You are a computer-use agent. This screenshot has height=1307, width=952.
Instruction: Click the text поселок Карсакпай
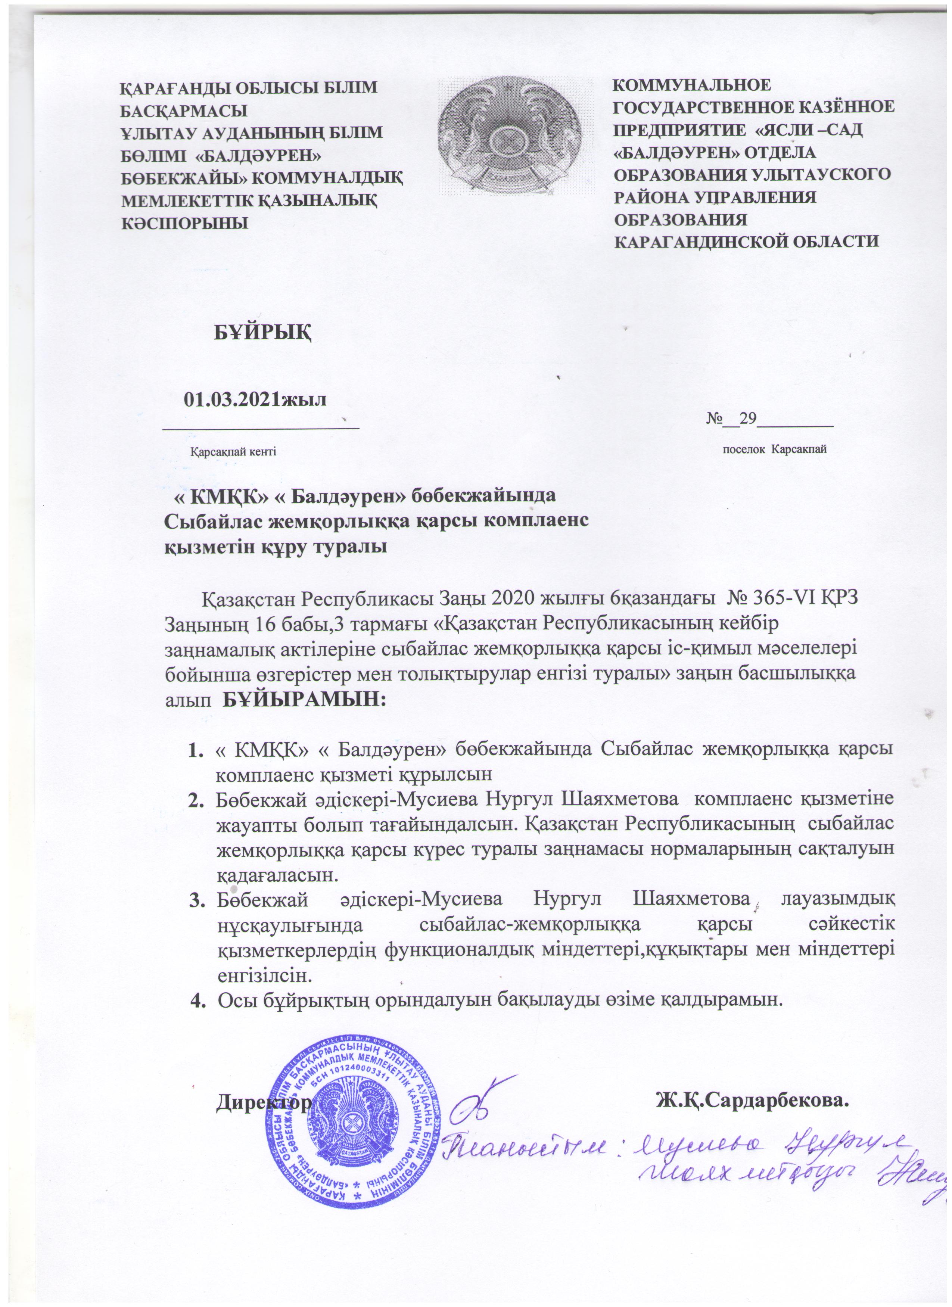tap(775, 449)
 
